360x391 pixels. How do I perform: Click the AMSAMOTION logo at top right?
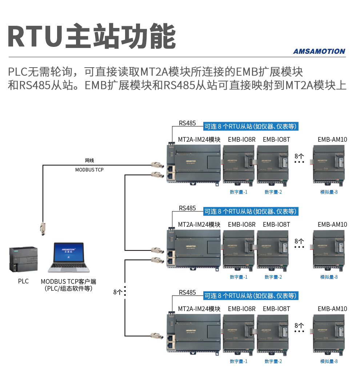[x=319, y=51]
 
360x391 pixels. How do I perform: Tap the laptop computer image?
[x=69, y=257]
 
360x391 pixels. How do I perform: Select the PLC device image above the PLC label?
[x=23, y=259]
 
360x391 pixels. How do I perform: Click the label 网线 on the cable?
[x=89, y=160]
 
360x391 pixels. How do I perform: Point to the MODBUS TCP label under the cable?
[x=89, y=170]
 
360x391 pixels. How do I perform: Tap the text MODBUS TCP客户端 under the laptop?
[x=68, y=282]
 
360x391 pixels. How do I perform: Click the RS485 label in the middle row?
[x=187, y=208]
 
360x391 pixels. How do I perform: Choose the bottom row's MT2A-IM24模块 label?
[x=199, y=309]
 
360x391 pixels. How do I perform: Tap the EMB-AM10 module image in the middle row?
[x=329, y=249]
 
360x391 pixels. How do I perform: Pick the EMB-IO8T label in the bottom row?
[x=276, y=309]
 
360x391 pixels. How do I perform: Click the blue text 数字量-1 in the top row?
[x=239, y=192]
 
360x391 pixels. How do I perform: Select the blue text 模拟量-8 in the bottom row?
[x=329, y=361]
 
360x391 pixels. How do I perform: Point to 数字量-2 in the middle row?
[x=273, y=277]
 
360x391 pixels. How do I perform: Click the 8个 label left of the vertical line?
[x=118, y=292]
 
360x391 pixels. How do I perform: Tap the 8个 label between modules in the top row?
[x=299, y=156]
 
